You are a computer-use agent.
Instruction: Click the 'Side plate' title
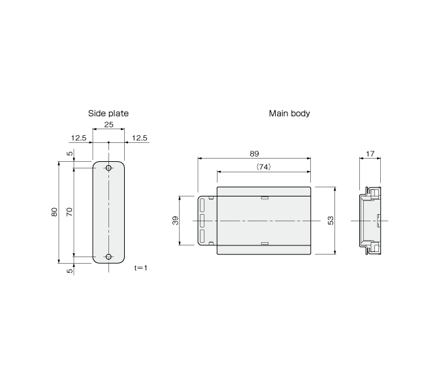coord(108,114)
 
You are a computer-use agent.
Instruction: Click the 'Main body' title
coord(289,114)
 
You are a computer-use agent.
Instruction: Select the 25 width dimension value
coord(108,125)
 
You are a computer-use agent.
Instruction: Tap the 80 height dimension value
coord(54,212)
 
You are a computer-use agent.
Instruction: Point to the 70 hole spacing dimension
coord(69,212)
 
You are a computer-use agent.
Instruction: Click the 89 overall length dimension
coord(254,153)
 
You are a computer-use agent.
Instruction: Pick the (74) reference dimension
coord(263,167)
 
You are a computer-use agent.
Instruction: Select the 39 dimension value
coord(176,221)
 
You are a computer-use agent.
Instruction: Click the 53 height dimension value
coord(331,221)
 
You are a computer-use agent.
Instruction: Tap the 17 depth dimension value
coord(370,153)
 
